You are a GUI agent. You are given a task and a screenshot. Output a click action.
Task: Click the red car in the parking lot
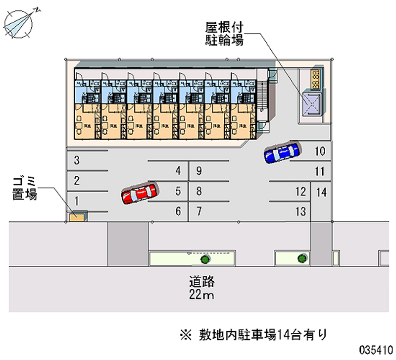[140, 193]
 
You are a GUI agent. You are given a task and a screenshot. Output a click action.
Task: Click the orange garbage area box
[77, 217]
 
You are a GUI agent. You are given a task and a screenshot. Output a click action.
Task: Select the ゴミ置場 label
[24, 189]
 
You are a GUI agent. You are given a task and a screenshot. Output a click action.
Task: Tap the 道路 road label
[201, 283]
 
